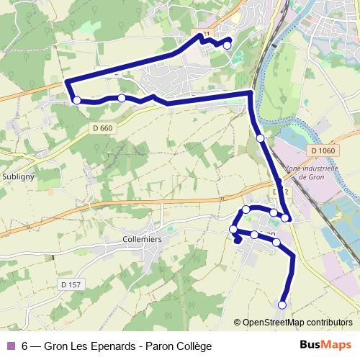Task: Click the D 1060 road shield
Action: click(x=325, y=150)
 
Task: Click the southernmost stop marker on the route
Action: click(x=282, y=305)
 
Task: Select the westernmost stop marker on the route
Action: click(x=77, y=101)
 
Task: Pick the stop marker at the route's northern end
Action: click(x=228, y=45)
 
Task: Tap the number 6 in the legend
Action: click(x=25, y=345)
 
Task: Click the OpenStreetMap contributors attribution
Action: click(x=297, y=322)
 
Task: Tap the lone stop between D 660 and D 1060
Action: click(x=260, y=138)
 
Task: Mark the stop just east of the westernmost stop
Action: click(x=122, y=98)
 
